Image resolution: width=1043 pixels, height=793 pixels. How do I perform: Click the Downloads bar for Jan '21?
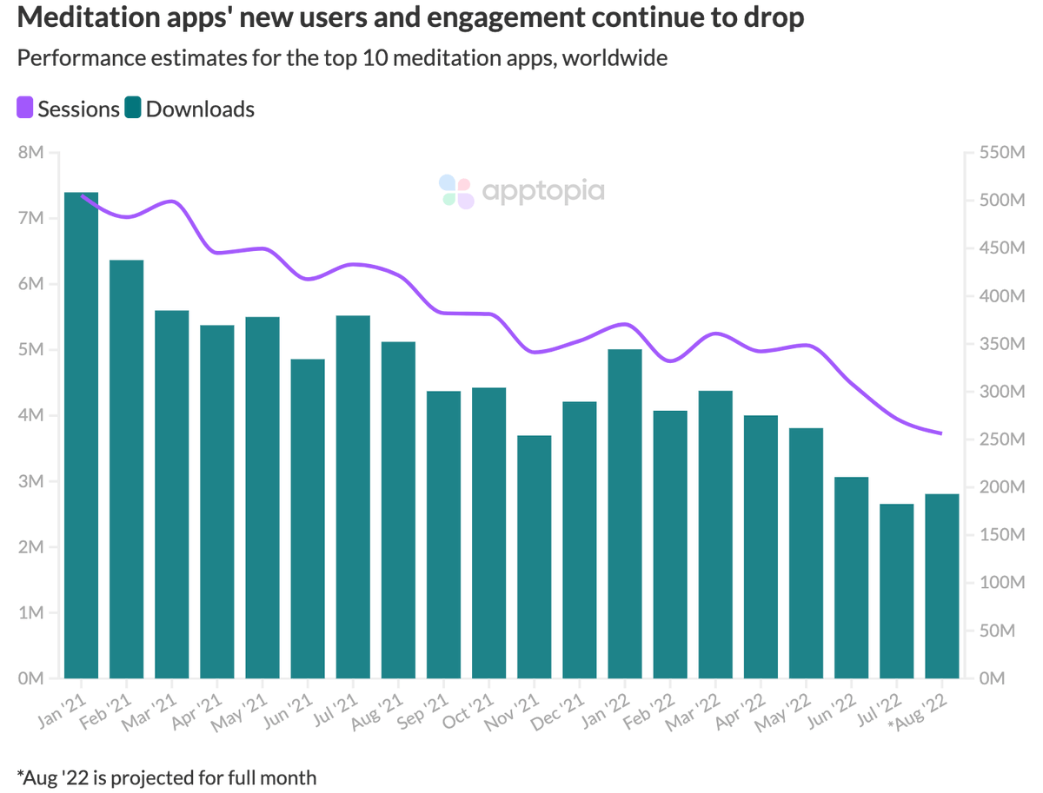(x=81, y=435)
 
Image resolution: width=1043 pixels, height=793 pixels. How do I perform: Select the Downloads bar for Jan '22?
(x=625, y=513)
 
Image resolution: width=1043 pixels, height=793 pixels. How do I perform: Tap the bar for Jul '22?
(x=896, y=591)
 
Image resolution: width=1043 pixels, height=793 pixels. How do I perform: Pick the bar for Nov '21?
(x=534, y=557)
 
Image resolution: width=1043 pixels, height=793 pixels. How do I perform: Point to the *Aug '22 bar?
(x=941, y=586)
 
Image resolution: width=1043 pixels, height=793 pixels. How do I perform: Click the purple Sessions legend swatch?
(x=25, y=109)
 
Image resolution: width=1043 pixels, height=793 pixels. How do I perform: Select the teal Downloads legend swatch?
(x=133, y=109)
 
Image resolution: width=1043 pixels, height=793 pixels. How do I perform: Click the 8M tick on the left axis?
(x=30, y=153)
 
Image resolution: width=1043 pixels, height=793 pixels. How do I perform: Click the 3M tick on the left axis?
(x=30, y=481)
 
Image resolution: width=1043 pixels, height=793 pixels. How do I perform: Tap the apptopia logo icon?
(x=455, y=191)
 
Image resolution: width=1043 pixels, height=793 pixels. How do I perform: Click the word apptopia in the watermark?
(x=542, y=191)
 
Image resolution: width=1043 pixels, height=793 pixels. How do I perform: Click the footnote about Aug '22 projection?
(x=166, y=776)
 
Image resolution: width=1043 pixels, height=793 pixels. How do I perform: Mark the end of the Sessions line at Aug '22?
(x=941, y=433)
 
